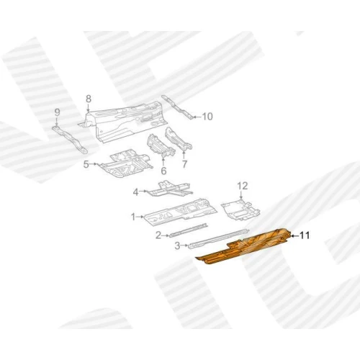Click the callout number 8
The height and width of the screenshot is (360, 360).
coord(89,99)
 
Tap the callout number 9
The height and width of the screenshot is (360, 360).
coord(57,112)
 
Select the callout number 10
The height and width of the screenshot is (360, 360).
coord(207,117)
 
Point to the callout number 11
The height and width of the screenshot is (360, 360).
coord(305,235)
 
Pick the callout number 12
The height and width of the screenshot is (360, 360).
coord(243,186)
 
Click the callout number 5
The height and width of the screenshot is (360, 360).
coord(86,164)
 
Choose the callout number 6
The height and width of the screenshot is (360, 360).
coord(163,171)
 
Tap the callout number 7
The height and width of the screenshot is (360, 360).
coord(184,164)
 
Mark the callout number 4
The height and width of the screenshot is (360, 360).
coord(136,192)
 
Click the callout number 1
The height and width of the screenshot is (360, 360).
coord(133,217)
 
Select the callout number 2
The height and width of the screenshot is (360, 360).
coord(158,235)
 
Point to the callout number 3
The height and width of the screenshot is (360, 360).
coord(177,246)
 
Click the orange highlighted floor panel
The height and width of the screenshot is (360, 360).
coord(245,246)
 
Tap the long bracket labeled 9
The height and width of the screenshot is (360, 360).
coord(70,139)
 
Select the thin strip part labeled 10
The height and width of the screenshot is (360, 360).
coord(177,107)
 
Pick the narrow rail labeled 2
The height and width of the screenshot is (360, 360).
coord(188,230)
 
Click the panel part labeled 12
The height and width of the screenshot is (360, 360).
coord(240,210)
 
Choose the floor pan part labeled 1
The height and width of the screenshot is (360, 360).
coord(181,212)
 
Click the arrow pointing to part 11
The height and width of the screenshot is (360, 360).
coord(295,236)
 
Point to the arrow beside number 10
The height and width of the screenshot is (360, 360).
coord(197,117)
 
